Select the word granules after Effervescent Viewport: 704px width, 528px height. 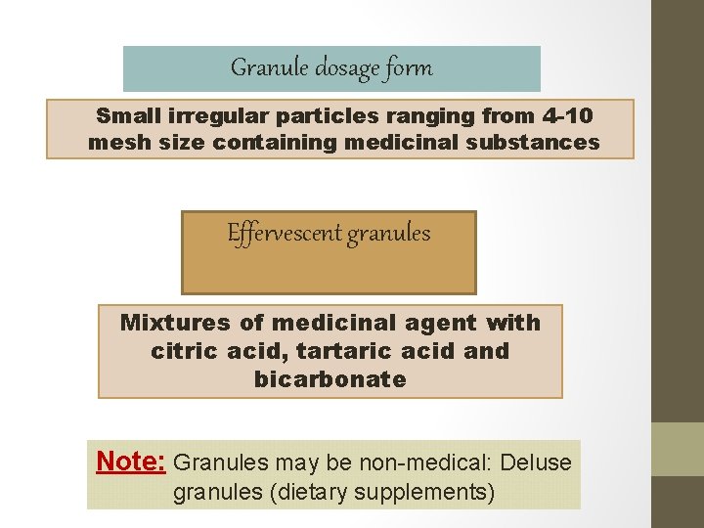tap(388, 235)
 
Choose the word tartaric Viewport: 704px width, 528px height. tap(351, 350)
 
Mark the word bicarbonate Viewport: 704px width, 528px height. tap(330, 379)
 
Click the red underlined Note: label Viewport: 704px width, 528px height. tap(131, 461)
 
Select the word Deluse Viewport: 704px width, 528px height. tap(538, 462)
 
